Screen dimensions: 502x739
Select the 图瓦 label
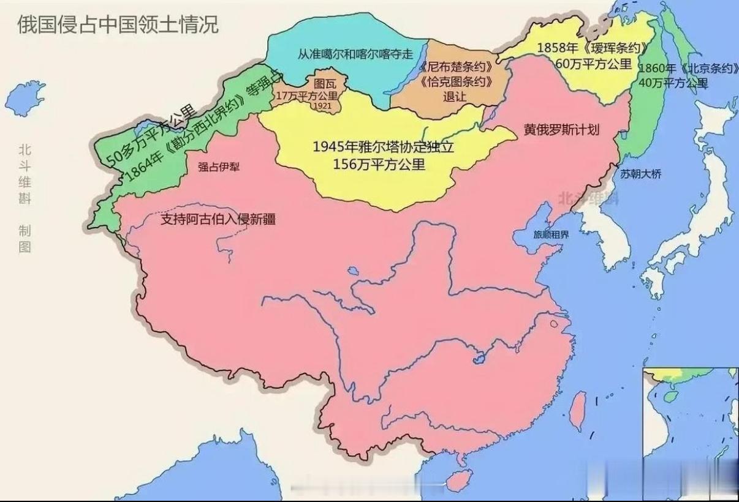[x=324, y=83]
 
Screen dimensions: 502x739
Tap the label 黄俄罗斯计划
[x=561, y=130]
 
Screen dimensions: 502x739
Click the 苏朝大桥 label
[x=641, y=174]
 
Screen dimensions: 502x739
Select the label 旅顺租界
[x=551, y=234]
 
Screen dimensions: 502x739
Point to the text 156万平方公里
[x=379, y=163]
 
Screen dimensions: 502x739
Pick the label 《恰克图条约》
[x=457, y=81]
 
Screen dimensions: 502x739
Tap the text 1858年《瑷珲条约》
[x=593, y=48]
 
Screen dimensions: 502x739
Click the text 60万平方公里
[x=593, y=63]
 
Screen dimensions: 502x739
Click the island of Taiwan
[x=578, y=411]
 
